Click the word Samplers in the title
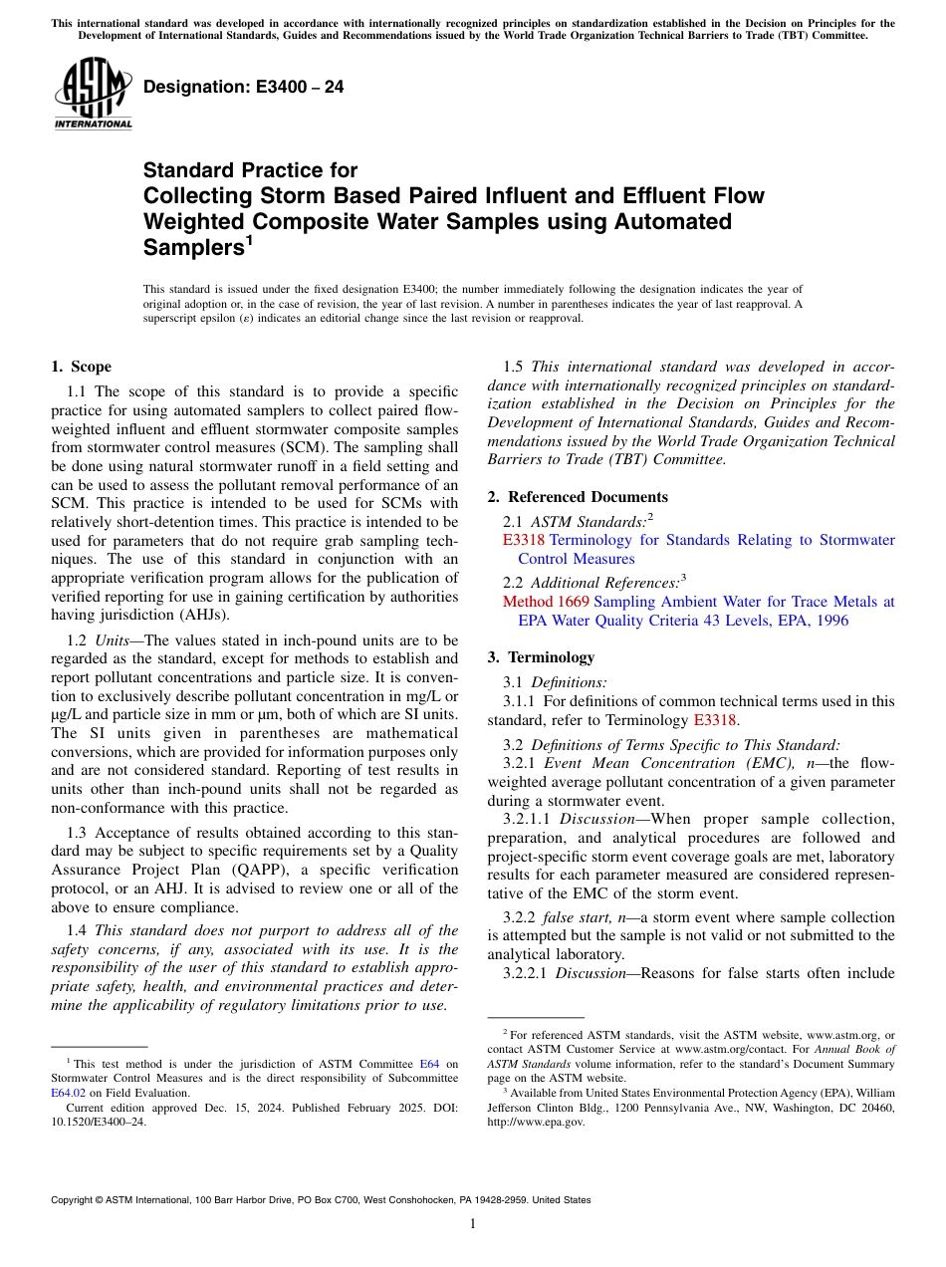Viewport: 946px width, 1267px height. click(191, 247)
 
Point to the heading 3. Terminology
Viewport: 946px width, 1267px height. click(555, 657)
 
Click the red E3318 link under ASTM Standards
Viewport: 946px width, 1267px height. click(524, 540)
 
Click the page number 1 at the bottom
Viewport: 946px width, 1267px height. click(473, 1223)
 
